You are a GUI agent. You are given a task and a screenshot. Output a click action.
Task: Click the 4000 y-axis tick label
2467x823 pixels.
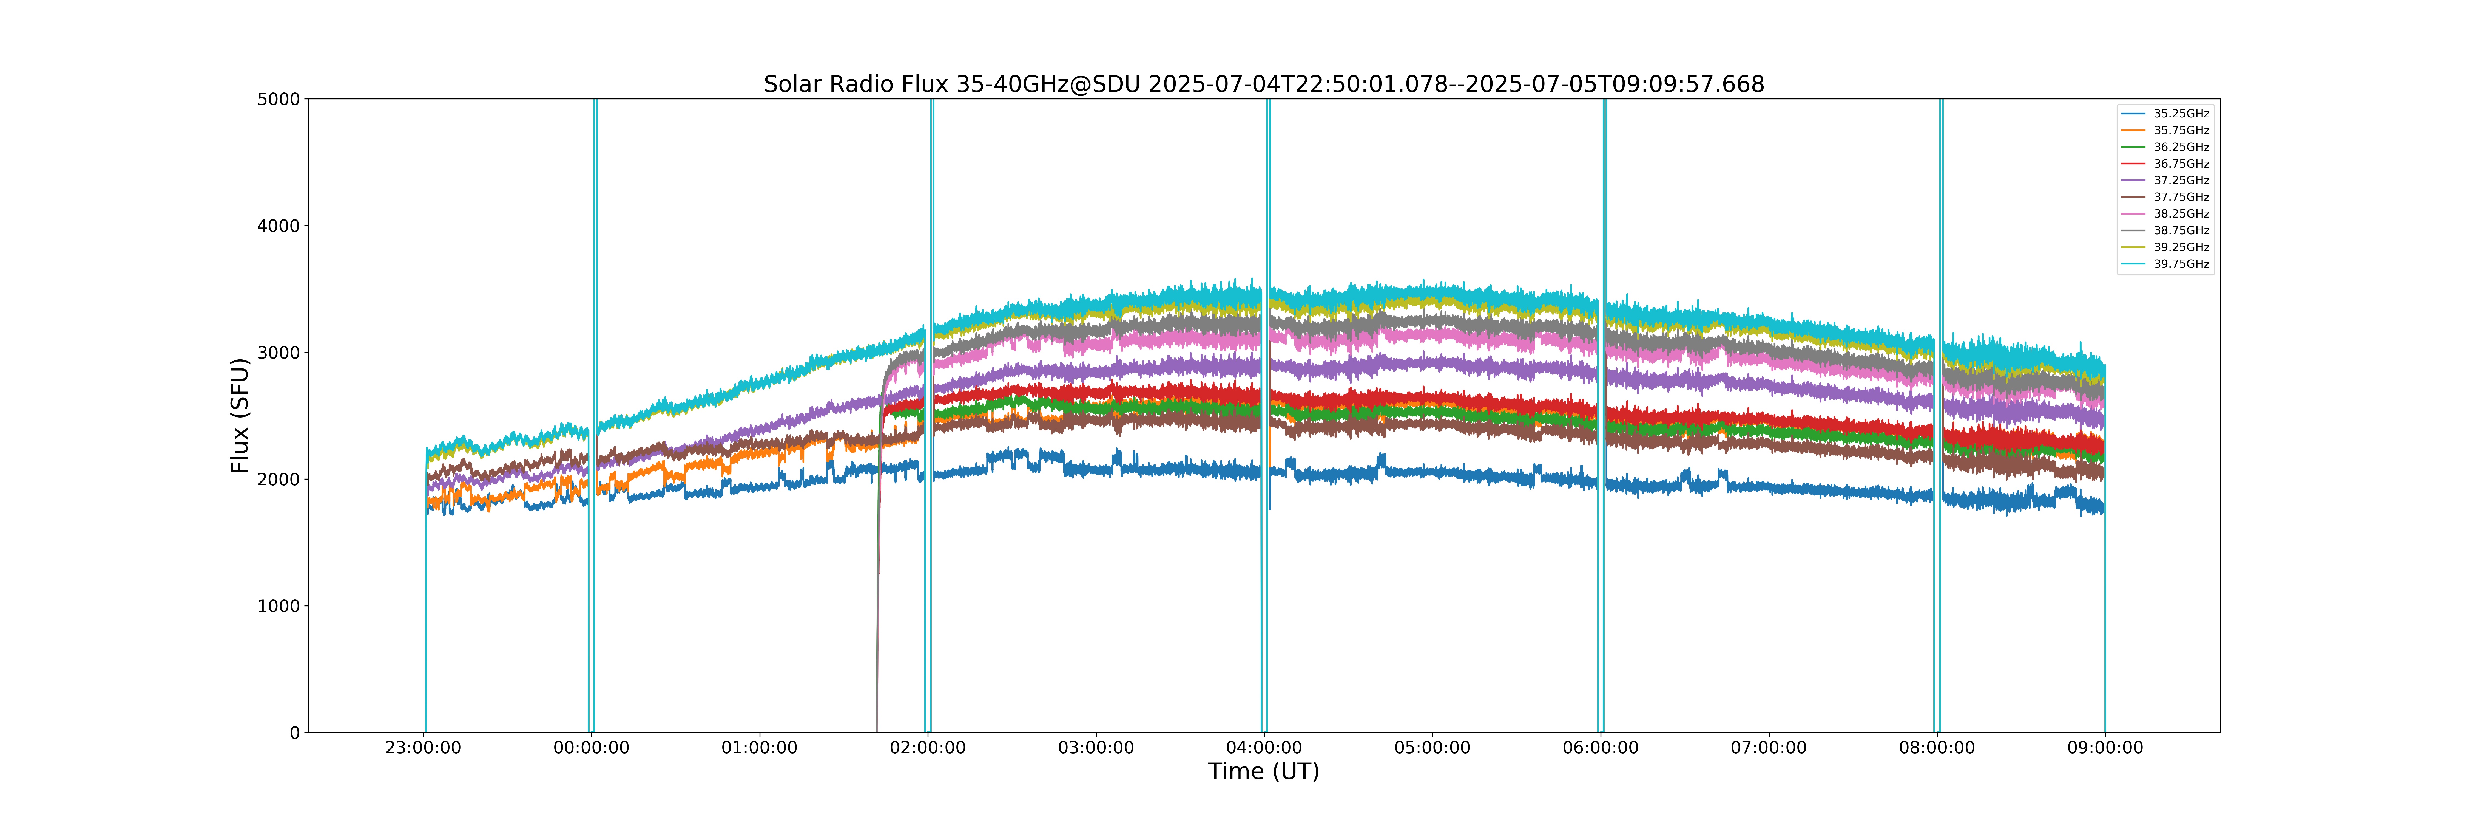pyautogui.click(x=279, y=226)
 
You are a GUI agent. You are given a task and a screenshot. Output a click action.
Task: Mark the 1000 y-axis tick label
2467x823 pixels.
pyautogui.click(x=279, y=607)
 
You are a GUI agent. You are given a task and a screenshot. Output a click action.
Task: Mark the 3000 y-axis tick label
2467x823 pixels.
pyautogui.click(x=279, y=353)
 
